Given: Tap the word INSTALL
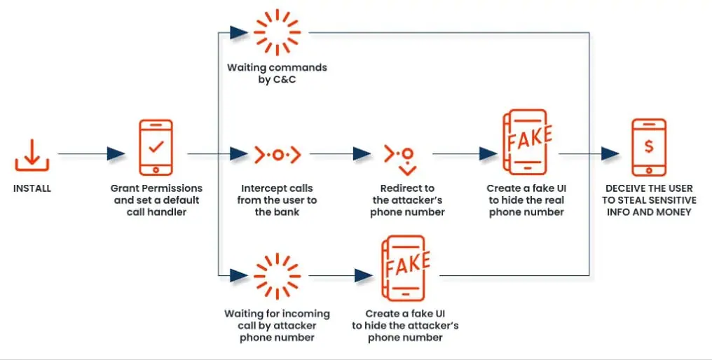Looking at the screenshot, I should [32, 188].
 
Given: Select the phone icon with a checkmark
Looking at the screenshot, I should [156, 148].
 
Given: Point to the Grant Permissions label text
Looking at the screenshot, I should [156, 200].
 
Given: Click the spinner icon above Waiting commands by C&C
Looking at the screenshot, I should [276, 32].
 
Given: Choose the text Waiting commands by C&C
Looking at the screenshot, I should [276, 74].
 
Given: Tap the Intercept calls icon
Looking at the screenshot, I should [277, 154].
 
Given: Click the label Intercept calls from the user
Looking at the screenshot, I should [277, 200].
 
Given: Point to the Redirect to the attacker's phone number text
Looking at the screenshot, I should [407, 200].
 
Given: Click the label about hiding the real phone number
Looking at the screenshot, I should [527, 200].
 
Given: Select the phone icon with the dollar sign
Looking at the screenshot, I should [649, 148].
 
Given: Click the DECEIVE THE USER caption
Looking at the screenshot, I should [648, 200].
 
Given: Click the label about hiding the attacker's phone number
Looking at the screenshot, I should [404, 325].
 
